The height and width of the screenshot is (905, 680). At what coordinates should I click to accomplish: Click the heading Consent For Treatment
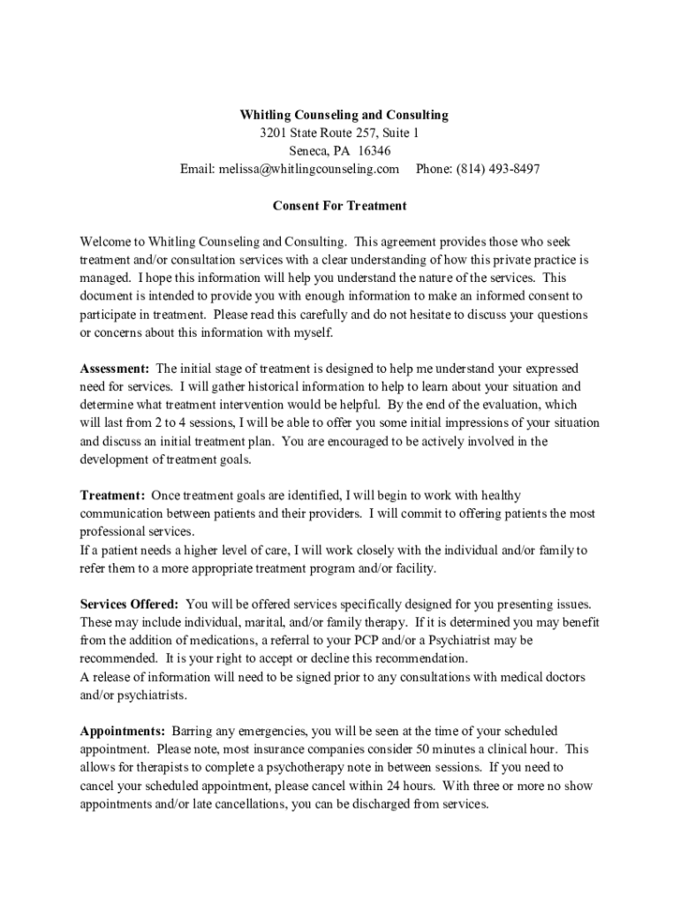click(x=339, y=206)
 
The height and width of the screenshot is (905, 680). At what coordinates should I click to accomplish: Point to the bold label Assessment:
click(x=115, y=369)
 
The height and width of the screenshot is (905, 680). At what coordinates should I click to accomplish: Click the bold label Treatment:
click(x=112, y=496)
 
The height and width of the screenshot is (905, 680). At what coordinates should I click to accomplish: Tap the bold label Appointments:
click(x=123, y=732)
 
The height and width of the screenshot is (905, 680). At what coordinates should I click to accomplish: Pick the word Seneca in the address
click(x=308, y=151)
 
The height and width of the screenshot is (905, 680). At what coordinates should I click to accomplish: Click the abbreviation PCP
click(x=370, y=641)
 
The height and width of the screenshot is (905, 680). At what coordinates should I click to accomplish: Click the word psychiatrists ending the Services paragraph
click(x=156, y=696)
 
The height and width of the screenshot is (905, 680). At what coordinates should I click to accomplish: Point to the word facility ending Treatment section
click(x=413, y=568)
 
